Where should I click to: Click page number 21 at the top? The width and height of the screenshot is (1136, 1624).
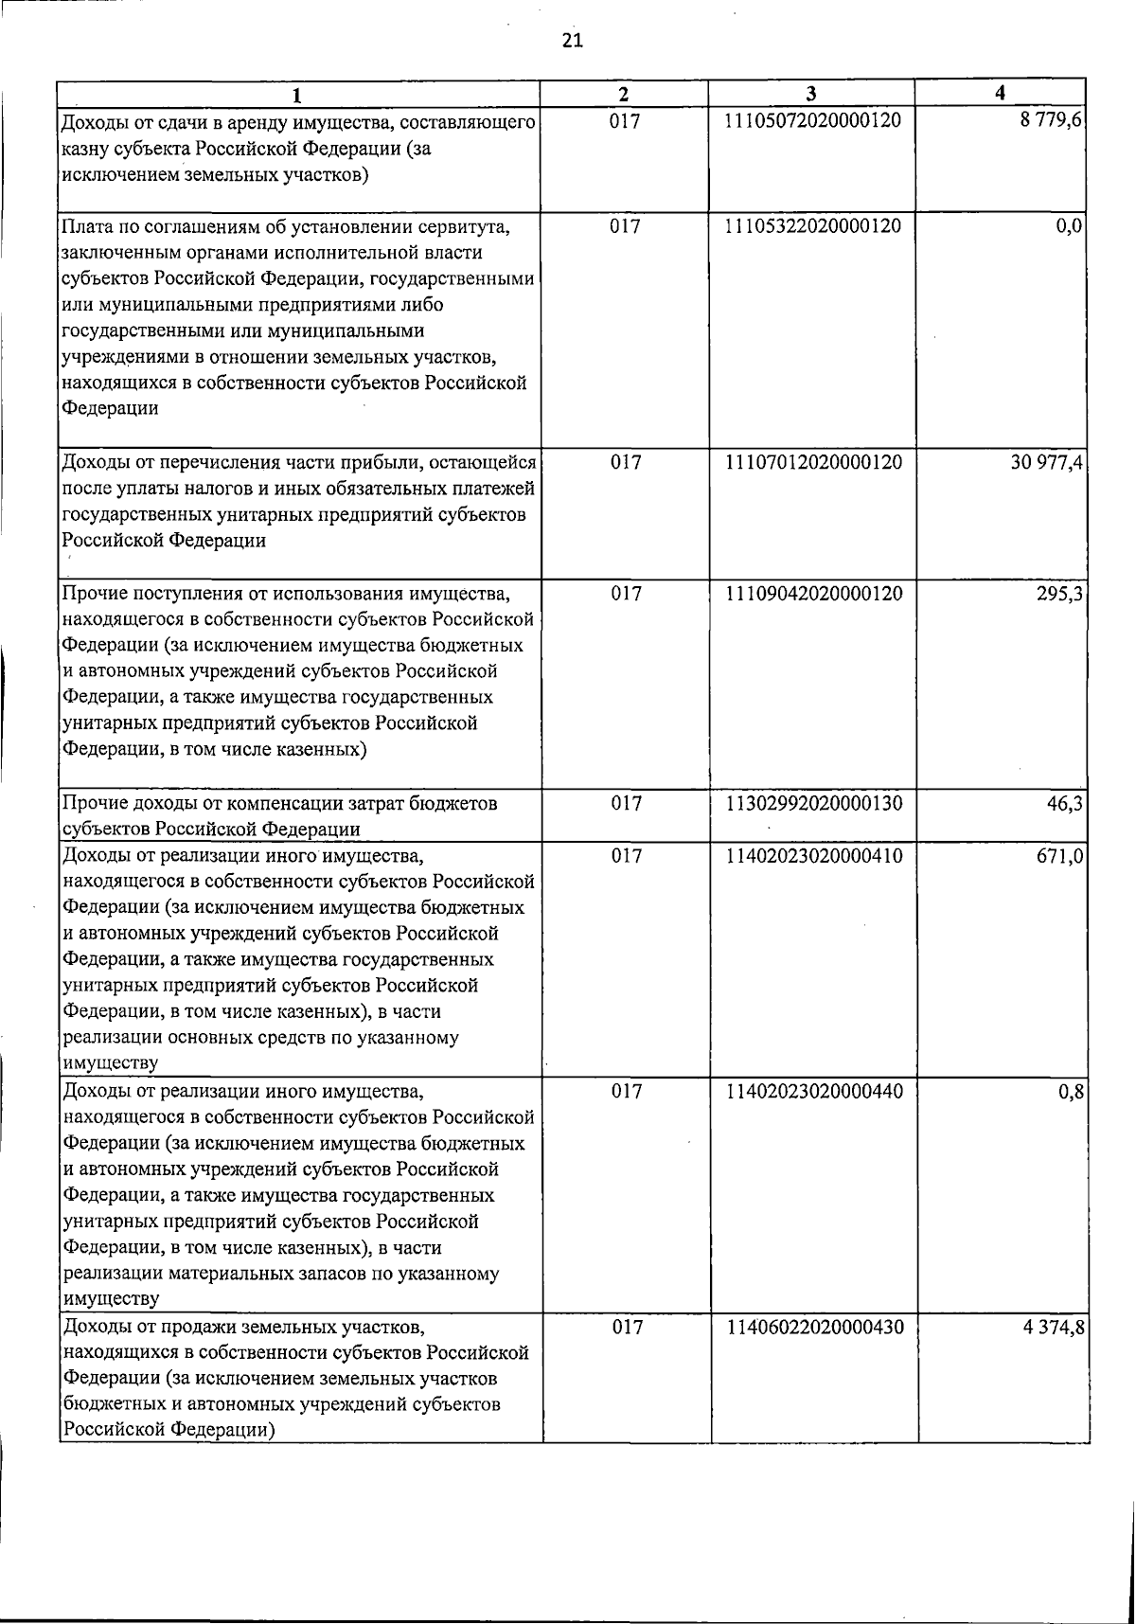[573, 39]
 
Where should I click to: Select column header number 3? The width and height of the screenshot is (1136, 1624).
[811, 93]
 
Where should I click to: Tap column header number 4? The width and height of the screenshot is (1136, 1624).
[1001, 93]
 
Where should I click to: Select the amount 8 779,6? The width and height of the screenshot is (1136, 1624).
[1051, 121]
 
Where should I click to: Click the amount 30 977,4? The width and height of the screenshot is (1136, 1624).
[1046, 462]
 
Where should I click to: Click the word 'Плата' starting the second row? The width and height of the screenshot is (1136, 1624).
[87, 227]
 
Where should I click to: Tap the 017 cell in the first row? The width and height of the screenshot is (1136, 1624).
[625, 121]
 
